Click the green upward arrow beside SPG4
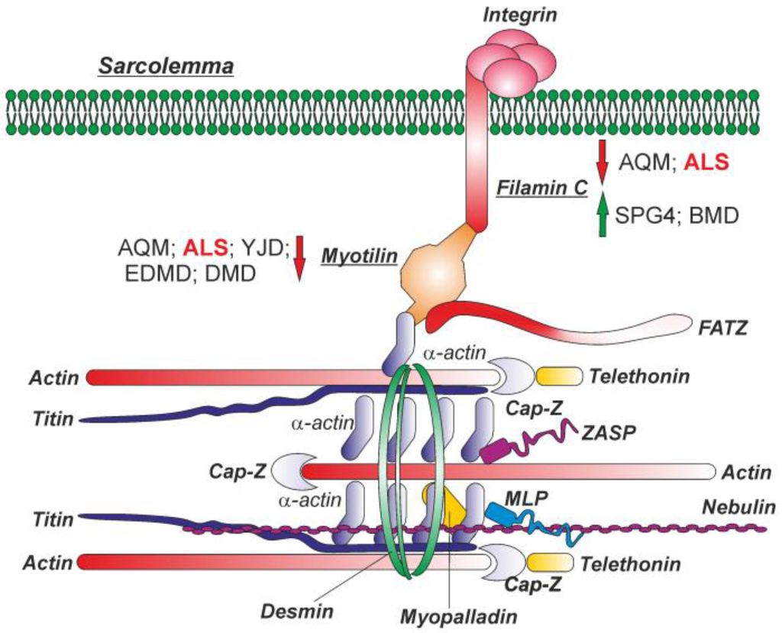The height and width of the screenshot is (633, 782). point(603,215)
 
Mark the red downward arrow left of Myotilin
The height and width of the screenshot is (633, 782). point(299,257)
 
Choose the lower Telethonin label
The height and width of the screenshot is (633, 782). point(630,564)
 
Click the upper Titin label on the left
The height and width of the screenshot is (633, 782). point(53,419)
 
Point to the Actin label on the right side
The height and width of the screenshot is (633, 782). point(746,473)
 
